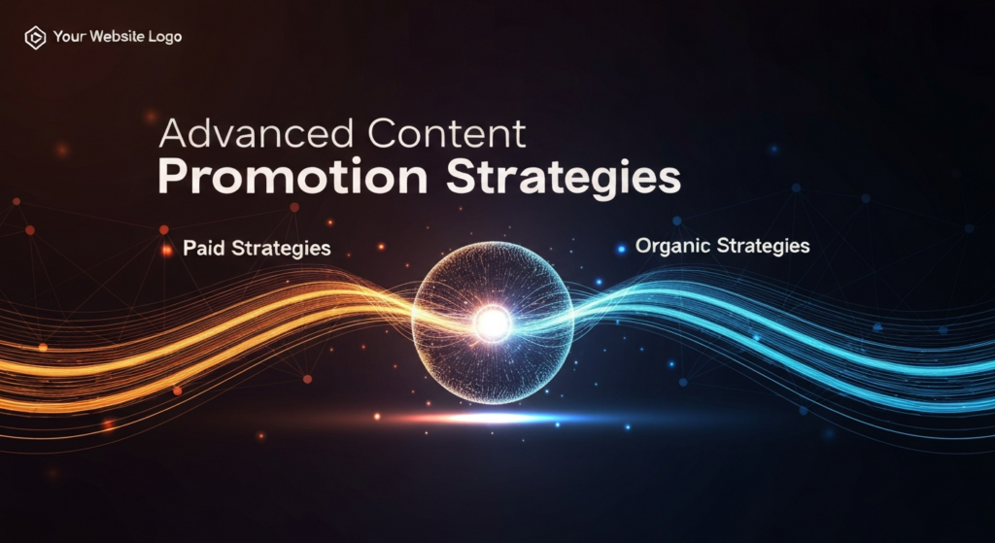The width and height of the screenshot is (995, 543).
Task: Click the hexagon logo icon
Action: pos(35,38)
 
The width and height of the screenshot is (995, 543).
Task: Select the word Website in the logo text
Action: pos(116,38)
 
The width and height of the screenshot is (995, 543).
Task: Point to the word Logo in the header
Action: pos(163,38)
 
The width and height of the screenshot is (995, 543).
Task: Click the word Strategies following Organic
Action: pos(763,246)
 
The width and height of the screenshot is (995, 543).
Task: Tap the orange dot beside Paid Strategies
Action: pos(167,250)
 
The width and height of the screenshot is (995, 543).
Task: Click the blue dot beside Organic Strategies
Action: pos(621,249)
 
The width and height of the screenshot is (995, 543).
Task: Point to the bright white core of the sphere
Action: pos(493,323)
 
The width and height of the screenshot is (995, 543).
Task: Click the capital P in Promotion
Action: pos(171,180)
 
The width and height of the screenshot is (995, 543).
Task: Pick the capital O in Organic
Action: pos(643,246)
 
